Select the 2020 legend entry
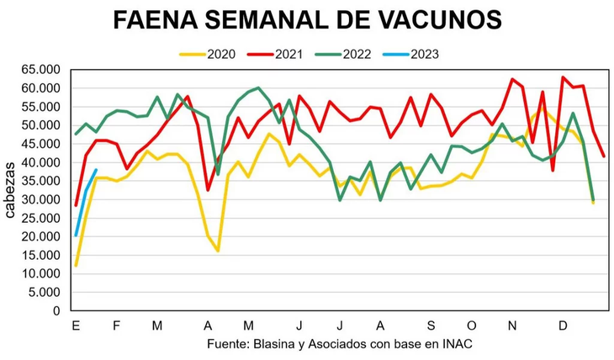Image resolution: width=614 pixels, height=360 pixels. pos(211,54)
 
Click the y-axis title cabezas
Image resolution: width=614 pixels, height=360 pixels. pos(9,190)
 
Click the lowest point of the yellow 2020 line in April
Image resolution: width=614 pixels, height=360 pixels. pos(218,251)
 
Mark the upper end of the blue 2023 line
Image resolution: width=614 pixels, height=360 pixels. pos(97,170)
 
